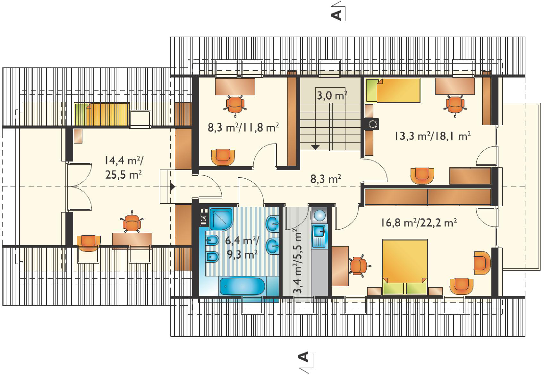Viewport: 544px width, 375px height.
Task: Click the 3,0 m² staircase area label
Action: tap(332, 95)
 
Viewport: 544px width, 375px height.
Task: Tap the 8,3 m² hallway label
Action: tap(326, 179)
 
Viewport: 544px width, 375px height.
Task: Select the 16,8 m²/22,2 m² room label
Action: tap(419, 222)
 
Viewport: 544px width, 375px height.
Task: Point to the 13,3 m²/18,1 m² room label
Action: tap(432, 136)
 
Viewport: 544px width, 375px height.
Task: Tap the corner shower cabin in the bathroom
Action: tap(221, 219)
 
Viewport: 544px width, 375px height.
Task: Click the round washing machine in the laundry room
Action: tap(319, 215)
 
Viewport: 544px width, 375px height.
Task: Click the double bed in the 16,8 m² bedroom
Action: tap(405, 267)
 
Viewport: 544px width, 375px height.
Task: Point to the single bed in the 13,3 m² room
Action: tap(393, 91)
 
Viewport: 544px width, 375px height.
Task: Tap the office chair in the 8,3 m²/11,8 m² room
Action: tap(235, 105)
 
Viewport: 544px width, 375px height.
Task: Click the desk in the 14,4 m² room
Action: tap(132, 241)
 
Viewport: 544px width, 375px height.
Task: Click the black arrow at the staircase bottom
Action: tap(315, 147)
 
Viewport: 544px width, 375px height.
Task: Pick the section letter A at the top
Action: tap(336, 15)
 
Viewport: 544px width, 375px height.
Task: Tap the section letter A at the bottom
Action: tap(303, 356)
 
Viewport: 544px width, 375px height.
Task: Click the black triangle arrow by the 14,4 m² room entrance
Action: tap(173, 187)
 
